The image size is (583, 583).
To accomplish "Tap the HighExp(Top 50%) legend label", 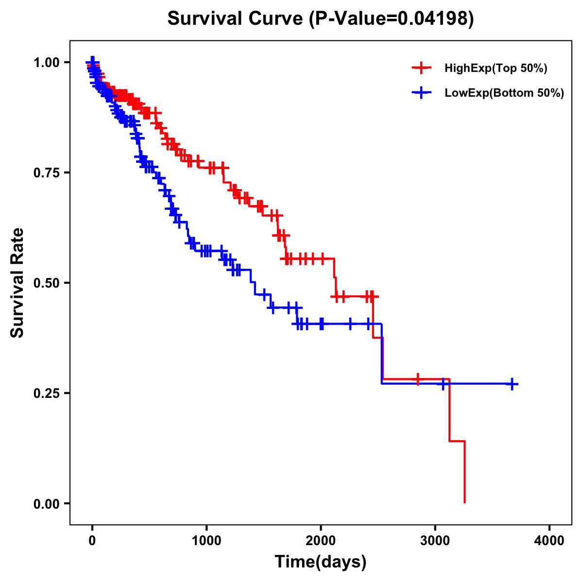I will tap(496, 69).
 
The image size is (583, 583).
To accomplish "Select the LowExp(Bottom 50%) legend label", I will tap(504, 93).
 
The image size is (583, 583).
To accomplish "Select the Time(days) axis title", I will tap(321, 562).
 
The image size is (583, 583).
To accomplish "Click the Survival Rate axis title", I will tap(17, 283).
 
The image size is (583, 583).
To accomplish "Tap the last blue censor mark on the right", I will tap(512, 384).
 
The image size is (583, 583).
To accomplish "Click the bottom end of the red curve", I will tap(464, 502).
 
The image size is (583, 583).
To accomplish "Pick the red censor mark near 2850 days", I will tap(418, 379).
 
